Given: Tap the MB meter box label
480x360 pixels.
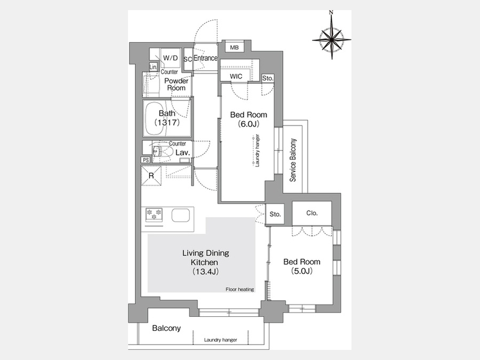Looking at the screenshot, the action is point(234,47).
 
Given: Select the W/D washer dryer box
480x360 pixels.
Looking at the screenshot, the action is point(171,58).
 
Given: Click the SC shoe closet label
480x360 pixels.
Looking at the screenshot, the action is point(188,59).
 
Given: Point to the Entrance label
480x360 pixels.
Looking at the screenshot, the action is point(205,58).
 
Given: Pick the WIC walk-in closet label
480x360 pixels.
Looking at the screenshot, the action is point(236,76).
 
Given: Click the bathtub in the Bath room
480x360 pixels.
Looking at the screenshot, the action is point(158,118).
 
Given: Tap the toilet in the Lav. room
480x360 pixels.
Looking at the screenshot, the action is point(162,151).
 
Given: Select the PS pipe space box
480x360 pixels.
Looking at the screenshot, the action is point(146,160).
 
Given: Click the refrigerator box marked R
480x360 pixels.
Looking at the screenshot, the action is point(151,175).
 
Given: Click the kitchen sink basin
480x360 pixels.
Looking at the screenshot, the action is point(181,215).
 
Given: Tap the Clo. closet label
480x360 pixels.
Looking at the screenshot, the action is point(312,213).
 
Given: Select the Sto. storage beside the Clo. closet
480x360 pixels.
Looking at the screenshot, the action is point(275,214).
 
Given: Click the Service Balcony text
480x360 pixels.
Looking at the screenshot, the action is point(293,160).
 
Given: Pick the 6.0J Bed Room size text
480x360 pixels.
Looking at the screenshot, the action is point(249,124).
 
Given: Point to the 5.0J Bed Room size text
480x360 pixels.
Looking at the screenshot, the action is point(302,271).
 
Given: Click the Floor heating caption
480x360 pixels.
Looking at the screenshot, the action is point(239,289).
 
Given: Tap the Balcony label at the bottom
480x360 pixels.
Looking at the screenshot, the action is point(166,328).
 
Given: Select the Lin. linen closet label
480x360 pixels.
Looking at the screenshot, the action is point(154,67).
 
